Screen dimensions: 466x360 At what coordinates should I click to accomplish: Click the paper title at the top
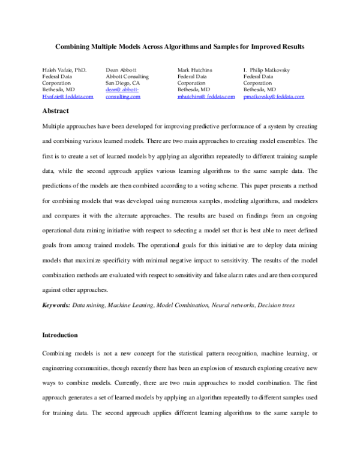(180, 46)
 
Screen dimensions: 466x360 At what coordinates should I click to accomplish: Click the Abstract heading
(55, 110)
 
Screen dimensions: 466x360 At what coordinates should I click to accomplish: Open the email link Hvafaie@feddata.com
(68, 96)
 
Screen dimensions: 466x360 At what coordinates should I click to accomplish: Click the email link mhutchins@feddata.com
(206, 96)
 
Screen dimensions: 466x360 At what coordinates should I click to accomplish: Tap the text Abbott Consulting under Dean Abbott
(127, 76)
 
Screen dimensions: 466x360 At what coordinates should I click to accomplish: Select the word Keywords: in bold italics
(56, 305)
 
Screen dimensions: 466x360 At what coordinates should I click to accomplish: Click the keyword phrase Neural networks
(233, 305)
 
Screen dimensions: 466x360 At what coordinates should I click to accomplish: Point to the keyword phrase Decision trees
(276, 305)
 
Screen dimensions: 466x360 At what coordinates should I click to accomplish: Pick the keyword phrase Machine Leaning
(130, 305)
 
